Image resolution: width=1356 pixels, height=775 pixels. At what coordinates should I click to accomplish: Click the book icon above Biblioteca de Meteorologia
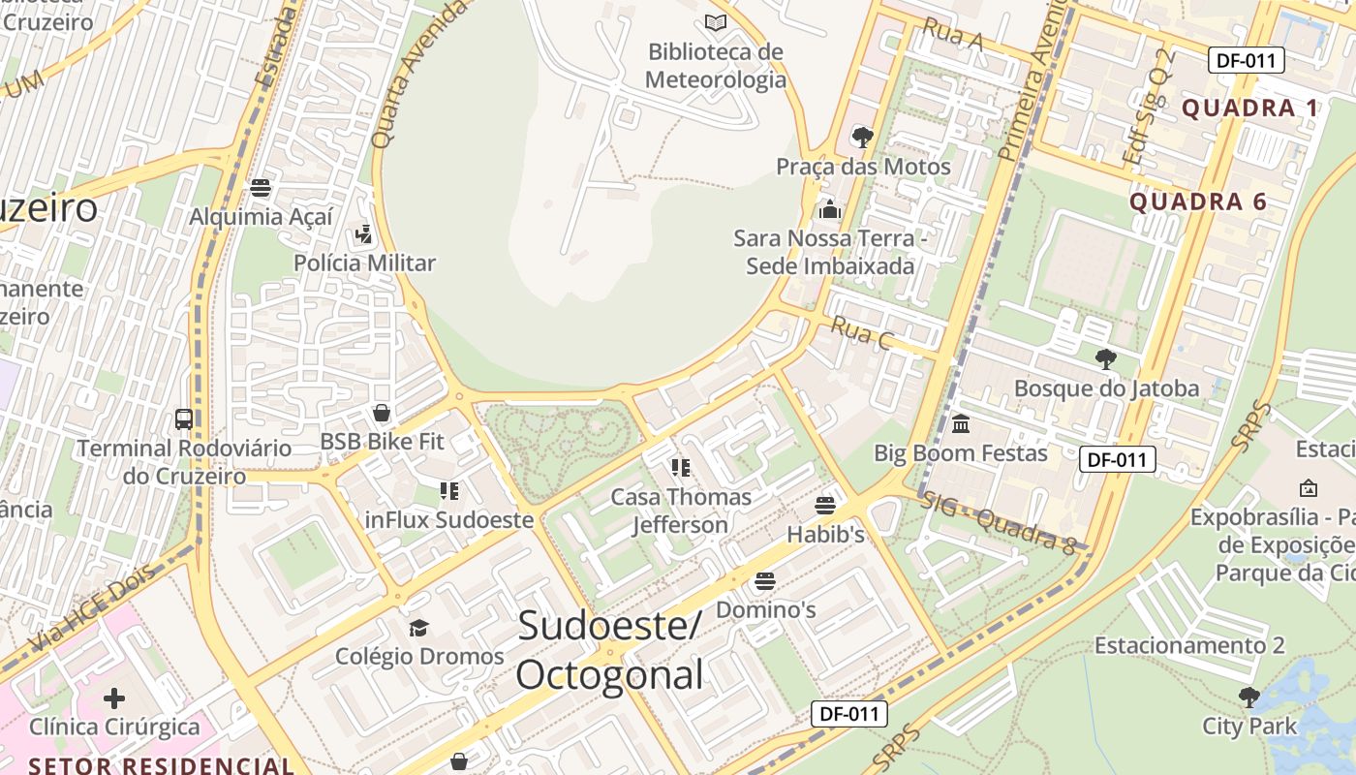[x=716, y=22]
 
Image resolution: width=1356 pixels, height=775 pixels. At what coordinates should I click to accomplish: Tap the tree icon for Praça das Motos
[x=862, y=137]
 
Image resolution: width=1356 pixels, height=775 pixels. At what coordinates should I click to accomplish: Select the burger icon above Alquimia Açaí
[x=261, y=188]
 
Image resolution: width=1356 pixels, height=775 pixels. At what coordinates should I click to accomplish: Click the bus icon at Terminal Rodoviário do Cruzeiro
[x=184, y=419]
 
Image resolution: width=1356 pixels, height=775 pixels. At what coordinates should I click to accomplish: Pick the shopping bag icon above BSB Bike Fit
[x=382, y=414]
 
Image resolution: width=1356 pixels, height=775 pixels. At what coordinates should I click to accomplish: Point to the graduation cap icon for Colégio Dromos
[x=418, y=628]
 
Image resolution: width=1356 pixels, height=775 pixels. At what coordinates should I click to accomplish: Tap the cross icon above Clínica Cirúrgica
[x=114, y=697]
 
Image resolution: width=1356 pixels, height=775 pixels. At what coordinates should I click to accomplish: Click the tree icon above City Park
[x=1249, y=697]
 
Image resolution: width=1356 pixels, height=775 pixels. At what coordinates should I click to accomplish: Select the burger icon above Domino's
[x=765, y=581]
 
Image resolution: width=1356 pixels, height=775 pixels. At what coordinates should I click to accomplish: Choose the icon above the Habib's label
[x=825, y=505]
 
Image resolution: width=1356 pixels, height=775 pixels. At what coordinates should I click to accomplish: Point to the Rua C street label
[x=861, y=334]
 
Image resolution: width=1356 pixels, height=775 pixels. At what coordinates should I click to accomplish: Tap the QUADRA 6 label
[x=1198, y=201]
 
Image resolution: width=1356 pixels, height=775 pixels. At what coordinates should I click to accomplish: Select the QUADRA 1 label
[x=1249, y=108]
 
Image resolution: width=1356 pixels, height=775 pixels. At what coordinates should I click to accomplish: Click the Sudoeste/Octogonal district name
[x=609, y=650]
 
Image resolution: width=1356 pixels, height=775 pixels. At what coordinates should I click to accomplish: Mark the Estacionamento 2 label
[x=1189, y=645]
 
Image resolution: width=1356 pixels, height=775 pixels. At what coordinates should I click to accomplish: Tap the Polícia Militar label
[x=364, y=263]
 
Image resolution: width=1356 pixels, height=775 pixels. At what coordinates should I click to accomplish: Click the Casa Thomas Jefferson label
[x=680, y=511]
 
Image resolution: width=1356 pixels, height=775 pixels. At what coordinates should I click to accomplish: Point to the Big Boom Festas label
[x=961, y=452]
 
